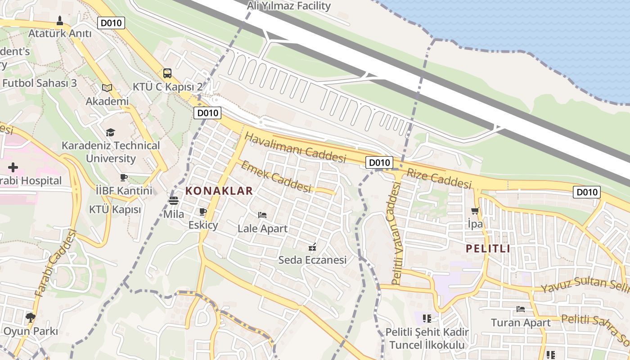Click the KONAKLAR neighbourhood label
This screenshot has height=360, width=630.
[x=219, y=191]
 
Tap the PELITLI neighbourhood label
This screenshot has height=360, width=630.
[x=488, y=248]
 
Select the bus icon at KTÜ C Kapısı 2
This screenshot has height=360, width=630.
[x=167, y=73]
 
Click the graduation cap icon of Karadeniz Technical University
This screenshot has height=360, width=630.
[x=110, y=132]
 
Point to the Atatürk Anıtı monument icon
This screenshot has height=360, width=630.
[x=60, y=21]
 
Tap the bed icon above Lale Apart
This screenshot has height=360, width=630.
[x=262, y=215]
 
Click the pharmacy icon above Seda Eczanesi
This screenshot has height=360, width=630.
[x=312, y=247]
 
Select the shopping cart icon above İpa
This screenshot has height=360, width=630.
[x=475, y=211]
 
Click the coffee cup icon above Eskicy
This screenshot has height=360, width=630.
[x=203, y=211]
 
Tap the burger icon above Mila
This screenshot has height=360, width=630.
[x=173, y=201]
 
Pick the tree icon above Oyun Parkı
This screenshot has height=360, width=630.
[x=30, y=317]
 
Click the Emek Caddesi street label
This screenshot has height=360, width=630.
[x=276, y=176]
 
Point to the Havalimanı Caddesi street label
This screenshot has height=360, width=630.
[x=296, y=148]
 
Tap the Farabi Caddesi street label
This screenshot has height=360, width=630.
[x=56, y=264]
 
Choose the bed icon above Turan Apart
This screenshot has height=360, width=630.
[x=521, y=309]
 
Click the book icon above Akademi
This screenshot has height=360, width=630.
[x=107, y=88]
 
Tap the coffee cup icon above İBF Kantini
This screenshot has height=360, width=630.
[x=124, y=177]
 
